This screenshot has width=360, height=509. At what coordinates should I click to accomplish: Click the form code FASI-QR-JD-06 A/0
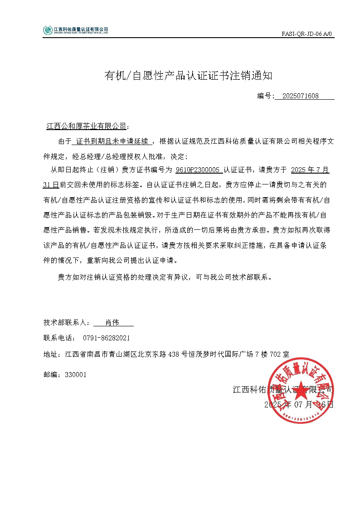(307, 34)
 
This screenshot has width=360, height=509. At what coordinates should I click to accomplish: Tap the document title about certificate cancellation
(189, 76)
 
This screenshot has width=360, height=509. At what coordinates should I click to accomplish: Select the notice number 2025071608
(300, 96)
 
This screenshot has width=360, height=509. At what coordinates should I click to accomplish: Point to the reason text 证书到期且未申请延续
(112, 141)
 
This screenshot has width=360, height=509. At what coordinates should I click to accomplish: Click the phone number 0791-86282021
(107, 338)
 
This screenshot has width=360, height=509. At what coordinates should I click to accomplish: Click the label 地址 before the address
(50, 354)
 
